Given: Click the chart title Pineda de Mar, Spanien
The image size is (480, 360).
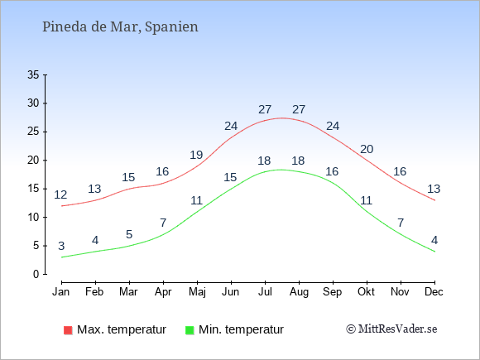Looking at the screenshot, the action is [x=120, y=27].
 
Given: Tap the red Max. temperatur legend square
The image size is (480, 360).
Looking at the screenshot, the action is [x=68, y=330].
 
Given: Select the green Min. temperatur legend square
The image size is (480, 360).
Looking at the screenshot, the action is [x=190, y=330].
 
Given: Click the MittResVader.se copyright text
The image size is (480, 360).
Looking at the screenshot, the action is [x=391, y=329].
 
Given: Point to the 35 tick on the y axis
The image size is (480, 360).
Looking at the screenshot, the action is [x=33, y=74].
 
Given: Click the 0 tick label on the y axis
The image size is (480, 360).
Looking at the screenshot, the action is [x=36, y=274].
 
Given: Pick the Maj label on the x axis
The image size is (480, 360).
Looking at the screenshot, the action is [x=197, y=292].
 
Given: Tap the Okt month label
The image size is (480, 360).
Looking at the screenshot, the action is [x=366, y=291].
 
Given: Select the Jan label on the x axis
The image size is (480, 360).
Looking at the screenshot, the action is [x=61, y=291].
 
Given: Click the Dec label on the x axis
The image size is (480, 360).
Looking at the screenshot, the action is [x=434, y=291].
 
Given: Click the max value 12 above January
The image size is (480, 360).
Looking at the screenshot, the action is [x=60, y=194].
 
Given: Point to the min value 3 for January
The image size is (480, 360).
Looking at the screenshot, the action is [x=61, y=246].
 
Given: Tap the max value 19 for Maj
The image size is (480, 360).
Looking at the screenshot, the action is [x=196, y=155].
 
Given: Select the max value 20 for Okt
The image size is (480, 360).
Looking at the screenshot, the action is [x=367, y=149].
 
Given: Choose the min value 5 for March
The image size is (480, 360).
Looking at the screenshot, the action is [x=129, y=234].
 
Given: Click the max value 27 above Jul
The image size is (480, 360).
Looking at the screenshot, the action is [x=265, y=109].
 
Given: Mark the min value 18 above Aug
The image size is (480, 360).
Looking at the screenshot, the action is [x=298, y=161].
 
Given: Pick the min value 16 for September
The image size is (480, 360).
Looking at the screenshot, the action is [x=332, y=171].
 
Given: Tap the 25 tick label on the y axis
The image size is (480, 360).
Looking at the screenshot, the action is [x=33, y=132].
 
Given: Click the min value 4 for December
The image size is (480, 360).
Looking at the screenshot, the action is [x=434, y=240].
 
